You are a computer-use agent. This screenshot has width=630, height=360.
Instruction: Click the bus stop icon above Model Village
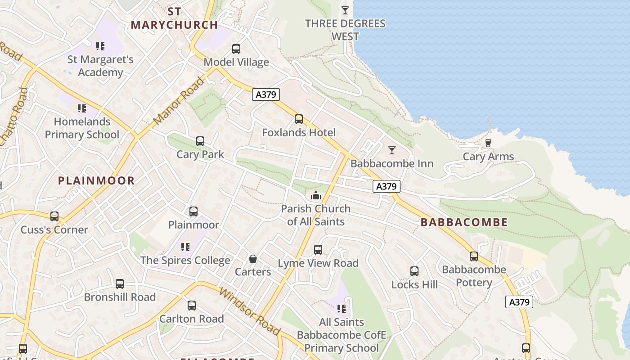(236, 49)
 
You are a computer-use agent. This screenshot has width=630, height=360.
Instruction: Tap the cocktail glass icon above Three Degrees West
(345, 10)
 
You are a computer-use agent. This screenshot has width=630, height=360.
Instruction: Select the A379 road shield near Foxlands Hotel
(265, 94)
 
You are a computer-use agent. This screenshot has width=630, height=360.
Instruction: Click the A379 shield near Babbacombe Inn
(386, 186)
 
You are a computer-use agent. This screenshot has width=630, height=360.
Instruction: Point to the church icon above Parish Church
(315, 196)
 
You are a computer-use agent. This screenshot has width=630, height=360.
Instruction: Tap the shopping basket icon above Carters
(253, 259)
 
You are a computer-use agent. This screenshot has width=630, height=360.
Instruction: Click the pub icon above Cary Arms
(488, 143)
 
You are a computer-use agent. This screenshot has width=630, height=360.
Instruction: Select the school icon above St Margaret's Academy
(100, 46)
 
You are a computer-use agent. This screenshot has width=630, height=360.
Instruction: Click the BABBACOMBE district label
(464, 222)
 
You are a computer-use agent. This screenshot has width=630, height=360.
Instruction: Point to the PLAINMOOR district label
(96, 181)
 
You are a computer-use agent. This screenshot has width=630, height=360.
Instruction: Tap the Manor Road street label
(178, 102)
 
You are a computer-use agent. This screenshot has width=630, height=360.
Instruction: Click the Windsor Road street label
(249, 310)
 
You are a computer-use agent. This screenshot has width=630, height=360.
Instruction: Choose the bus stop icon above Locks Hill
(414, 271)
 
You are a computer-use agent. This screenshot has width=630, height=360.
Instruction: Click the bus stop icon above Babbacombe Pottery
(474, 256)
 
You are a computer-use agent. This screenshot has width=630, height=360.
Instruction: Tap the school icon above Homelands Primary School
(81, 108)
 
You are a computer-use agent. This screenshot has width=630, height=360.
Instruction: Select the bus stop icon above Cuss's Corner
(54, 216)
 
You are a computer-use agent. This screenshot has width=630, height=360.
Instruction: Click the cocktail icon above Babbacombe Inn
(392, 150)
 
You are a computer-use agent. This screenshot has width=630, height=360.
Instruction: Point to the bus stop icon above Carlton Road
(192, 306)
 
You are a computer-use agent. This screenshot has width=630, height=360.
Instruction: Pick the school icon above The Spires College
(185, 247)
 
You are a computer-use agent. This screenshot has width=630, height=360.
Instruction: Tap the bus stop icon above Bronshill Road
(120, 284)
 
